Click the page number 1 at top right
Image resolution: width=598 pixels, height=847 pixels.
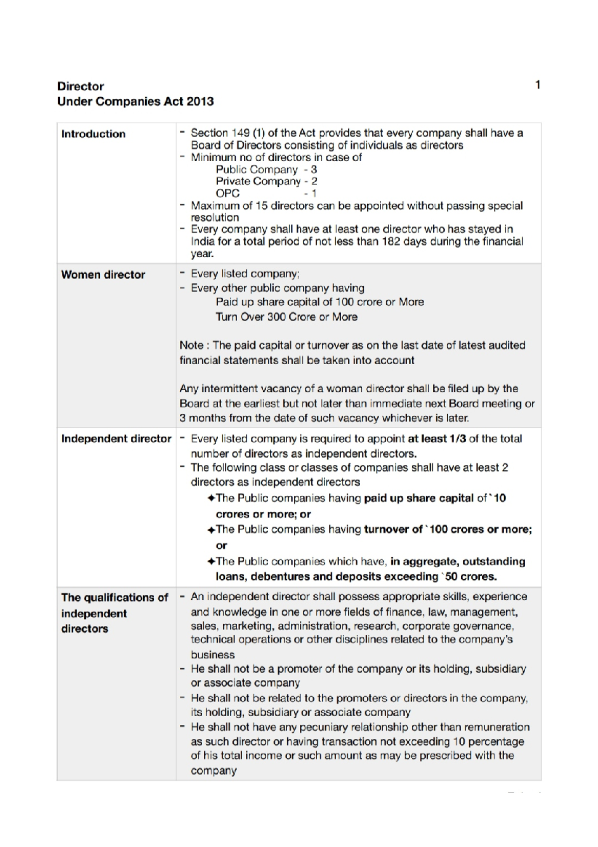tap(538, 85)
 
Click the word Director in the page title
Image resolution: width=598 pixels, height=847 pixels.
tap(80, 86)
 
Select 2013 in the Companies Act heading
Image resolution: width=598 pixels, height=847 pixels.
tap(200, 101)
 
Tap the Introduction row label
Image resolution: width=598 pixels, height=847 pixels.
tap(93, 134)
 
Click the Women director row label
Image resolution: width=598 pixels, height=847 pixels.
tap(103, 274)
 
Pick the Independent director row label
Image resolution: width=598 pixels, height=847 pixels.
tap(116, 439)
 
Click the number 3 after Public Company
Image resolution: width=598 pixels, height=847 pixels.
tap(314, 169)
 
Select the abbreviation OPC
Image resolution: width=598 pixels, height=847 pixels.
tap(228, 193)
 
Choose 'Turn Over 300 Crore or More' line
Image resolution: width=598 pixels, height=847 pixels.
tap(287, 317)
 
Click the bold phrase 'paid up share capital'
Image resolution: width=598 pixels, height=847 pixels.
tap(419, 498)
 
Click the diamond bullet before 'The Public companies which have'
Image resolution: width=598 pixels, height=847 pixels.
tap(211, 562)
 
